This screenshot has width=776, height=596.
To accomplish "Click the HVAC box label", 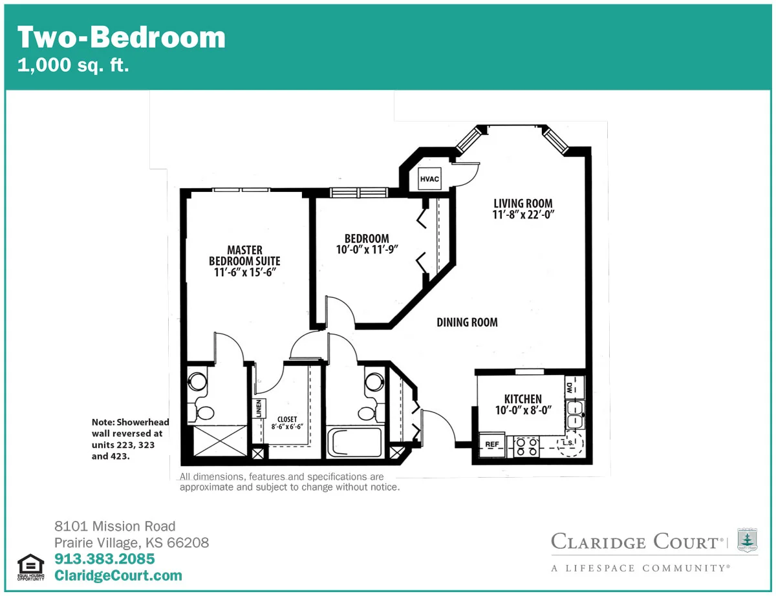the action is [429, 179].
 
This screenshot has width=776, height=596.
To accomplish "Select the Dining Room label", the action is [467, 323].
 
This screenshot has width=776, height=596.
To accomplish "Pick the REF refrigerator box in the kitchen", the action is [491, 445].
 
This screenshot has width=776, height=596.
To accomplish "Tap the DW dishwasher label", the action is [569, 388].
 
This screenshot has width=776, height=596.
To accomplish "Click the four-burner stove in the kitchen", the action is [527, 447].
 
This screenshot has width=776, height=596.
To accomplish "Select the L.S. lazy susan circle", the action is [570, 443].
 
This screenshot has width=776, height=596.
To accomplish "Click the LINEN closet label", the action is [259, 409].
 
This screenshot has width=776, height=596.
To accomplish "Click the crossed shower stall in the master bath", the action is [220, 441].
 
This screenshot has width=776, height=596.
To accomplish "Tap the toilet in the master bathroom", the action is [202, 413].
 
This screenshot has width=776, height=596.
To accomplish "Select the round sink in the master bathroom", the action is [197, 381].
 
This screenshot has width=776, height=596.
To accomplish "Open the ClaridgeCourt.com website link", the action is [118, 575].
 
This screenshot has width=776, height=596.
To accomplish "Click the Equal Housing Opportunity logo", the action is [30, 568].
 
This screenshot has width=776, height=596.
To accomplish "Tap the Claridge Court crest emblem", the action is [748, 540].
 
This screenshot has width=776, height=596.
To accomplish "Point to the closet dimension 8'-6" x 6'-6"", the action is [287, 427].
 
